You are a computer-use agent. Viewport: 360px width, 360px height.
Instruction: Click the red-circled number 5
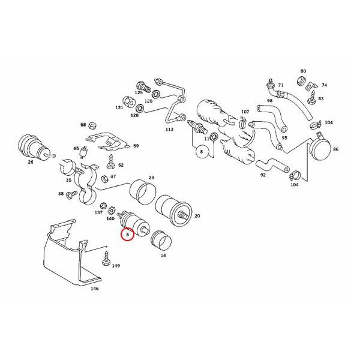127,235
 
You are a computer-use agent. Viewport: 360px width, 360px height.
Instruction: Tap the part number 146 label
94,289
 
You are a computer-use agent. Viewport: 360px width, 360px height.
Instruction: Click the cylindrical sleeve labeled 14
160,241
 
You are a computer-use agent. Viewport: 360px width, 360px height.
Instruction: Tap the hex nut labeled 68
92,125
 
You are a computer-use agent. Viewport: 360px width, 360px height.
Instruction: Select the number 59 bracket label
136,146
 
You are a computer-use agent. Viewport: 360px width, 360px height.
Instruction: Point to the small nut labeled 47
104,178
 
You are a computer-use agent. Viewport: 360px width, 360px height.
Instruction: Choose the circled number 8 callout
202,153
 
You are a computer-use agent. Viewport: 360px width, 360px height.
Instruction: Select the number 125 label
139,93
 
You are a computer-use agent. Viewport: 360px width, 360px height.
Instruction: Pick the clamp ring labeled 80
304,80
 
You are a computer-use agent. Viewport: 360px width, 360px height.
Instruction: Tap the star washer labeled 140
110,211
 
